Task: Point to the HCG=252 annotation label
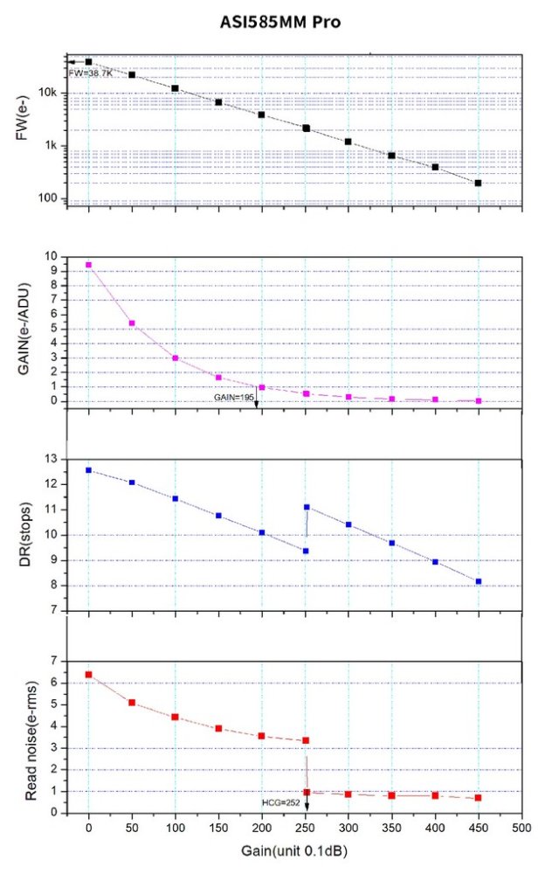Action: pos(280,801)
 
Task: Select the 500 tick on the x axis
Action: pos(521,828)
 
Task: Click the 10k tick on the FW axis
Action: pos(50,94)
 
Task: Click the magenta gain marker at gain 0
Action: pos(88,264)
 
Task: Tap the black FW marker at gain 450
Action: pos(479,183)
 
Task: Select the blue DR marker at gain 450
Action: pos(479,581)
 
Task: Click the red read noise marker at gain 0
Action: pos(88,674)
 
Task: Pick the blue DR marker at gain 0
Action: pos(88,470)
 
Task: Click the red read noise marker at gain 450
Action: pos(479,798)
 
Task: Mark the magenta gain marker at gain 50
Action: pos(132,323)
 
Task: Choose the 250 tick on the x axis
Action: pos(305,828)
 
